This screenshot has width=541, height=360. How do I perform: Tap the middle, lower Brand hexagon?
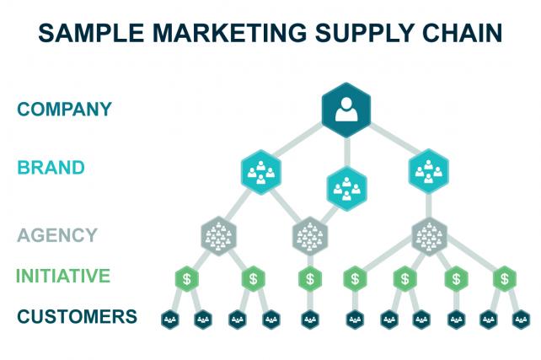tap(346, 188)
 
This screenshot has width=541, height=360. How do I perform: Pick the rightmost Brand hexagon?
tap(429, 171)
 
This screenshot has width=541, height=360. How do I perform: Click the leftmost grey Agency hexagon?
tap(219, 235)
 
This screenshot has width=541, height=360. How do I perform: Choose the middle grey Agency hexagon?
tap(309, 235)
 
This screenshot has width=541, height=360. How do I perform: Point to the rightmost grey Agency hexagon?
tap(430, 235)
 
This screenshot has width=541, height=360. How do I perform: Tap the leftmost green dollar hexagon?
tap(187, 277)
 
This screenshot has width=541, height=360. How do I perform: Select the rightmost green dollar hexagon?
tap(504, 277)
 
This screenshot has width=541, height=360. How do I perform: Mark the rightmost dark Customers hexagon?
tap(522, 319)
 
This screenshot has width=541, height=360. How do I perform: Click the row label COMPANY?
tap(64, 110)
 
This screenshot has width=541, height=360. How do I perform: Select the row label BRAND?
tap(51, 167)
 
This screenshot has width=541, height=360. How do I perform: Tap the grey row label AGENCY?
tap(56, 235)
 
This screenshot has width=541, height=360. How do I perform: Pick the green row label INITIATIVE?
tap(63, 276)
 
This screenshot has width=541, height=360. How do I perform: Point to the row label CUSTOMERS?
tap(77, 317)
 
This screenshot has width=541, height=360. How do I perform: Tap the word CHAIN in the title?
tap(460, 34)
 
